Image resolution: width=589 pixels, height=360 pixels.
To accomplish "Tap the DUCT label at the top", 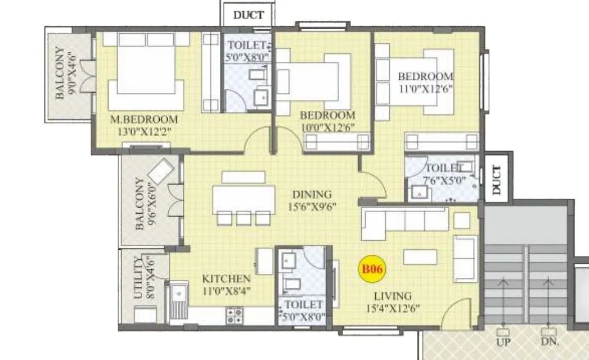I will [x=248, y=15].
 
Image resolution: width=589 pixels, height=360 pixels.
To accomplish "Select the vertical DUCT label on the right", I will [x=496, y=179].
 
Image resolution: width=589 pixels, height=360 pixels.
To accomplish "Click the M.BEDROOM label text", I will [x=144, y=119].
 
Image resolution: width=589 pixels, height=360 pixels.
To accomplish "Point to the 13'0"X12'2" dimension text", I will [x=144, y=132].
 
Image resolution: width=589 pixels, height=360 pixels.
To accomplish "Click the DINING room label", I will [x=312, y=194].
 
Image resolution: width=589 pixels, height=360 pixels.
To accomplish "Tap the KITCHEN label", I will [x=227, y=279].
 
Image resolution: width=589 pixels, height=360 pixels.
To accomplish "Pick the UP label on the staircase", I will [x=503, y=341].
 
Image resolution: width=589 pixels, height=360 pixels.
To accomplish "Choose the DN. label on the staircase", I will [x=546, y=341].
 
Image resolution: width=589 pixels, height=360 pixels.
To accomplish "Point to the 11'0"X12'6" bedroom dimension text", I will [x=426, y=88].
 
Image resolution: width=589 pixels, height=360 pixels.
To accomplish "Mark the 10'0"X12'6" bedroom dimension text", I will [x=327, y=127].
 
